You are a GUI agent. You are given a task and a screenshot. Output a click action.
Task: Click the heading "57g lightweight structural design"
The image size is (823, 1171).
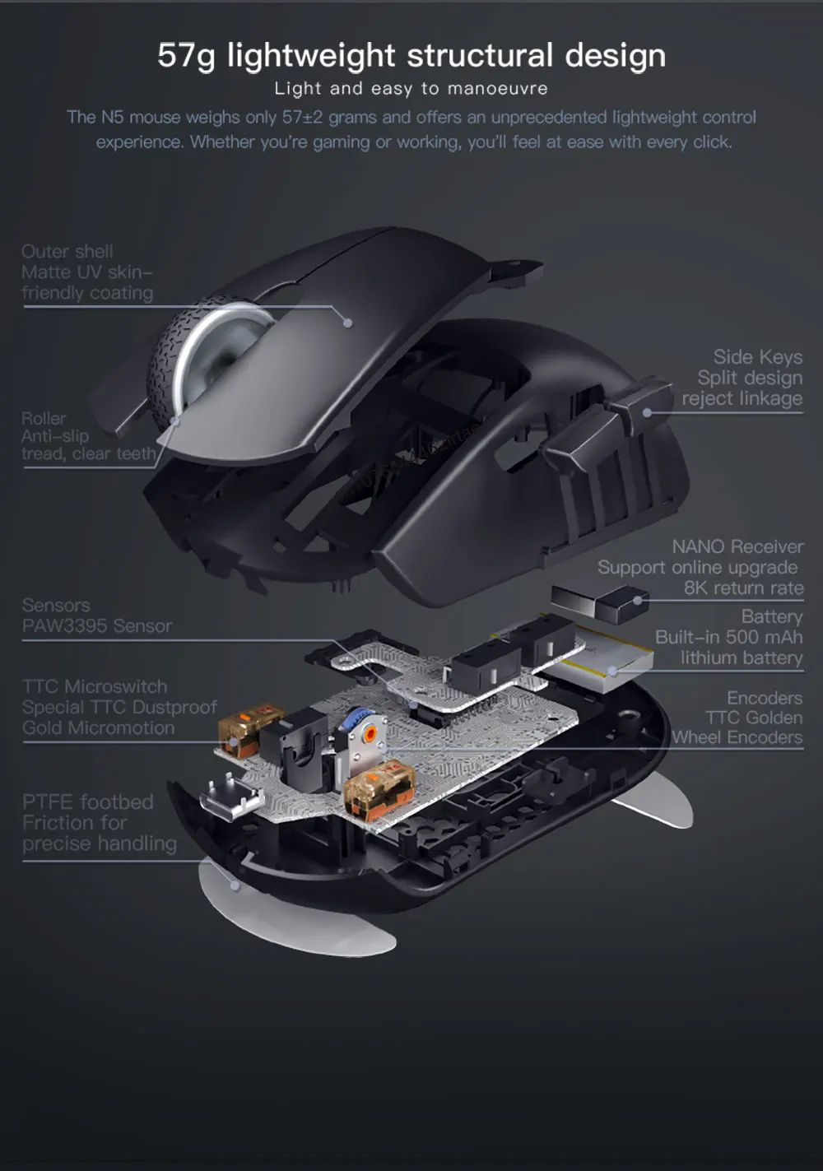point(411,56)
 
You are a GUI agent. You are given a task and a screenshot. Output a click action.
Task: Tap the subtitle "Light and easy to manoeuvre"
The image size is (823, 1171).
point(411,89)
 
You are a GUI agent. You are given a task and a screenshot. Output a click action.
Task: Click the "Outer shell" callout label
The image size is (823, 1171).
point(67,252)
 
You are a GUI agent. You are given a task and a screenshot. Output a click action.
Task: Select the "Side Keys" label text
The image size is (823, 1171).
point(757,357)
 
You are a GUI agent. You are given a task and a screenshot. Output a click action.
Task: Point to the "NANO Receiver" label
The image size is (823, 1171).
point(737,547)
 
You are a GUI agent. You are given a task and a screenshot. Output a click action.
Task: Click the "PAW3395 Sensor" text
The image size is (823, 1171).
point(97,626)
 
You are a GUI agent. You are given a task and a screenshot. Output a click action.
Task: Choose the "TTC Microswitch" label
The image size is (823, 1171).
point(95,687)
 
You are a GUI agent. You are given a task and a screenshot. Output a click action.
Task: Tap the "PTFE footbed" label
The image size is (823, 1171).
point(88,802)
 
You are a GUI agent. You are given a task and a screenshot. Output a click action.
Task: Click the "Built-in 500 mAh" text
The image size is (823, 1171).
point(728,638)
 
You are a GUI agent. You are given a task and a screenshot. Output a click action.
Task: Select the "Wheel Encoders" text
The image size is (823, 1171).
point(737,738)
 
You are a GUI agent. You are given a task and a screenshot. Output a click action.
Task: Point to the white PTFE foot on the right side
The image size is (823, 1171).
point(654,802)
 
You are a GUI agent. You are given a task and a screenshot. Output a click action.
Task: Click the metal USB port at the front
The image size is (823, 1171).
point(230,797)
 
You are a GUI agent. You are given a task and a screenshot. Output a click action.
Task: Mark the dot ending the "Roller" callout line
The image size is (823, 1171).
point(175,421)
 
